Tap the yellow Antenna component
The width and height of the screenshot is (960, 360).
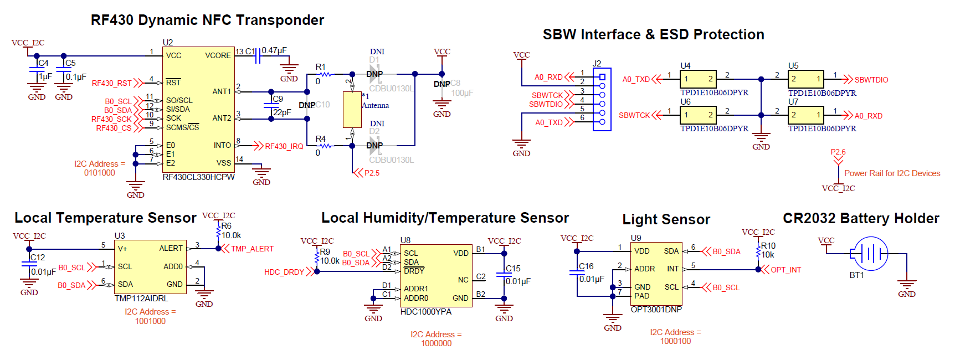352,110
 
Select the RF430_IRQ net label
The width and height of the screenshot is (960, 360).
284,146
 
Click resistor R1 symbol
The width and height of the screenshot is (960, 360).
326,74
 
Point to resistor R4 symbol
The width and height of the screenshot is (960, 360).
326,146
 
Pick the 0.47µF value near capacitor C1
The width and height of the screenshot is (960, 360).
274,50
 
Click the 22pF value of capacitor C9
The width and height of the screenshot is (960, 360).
282,112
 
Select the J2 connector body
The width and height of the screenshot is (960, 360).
602,100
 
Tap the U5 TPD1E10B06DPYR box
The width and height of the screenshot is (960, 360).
806,79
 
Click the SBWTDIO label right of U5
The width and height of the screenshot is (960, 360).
871,80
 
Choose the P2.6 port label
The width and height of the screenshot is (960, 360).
838,152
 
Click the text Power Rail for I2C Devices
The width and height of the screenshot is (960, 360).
892,173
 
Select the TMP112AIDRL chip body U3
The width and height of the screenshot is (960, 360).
150,266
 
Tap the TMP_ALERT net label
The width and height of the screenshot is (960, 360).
252,249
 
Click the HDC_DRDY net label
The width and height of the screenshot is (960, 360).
284,272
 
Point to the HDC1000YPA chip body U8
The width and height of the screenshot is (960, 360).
435,275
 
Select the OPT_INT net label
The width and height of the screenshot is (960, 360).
786,270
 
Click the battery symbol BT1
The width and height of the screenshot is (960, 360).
871,254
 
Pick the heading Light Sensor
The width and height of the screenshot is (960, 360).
666,219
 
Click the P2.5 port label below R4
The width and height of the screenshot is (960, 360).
372,173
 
